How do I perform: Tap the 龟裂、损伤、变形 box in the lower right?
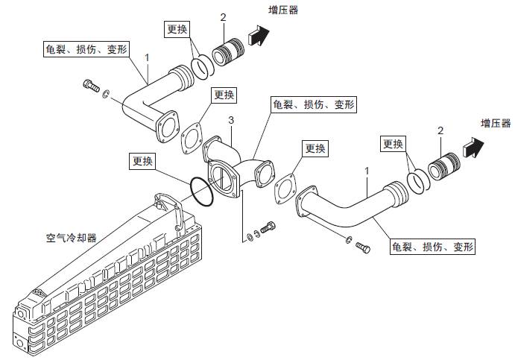coord(432,246)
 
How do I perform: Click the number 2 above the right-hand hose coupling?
coord(440,131)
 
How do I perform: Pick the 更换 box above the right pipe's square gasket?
coord(315,148)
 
